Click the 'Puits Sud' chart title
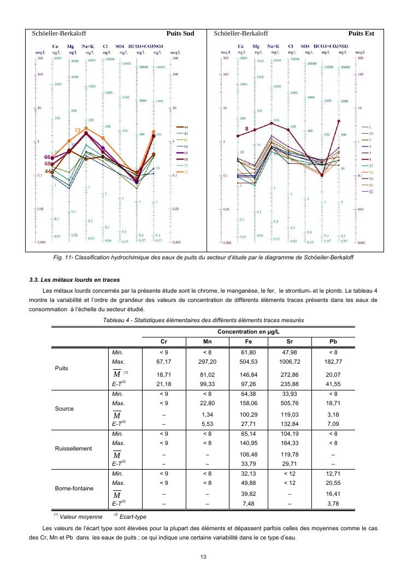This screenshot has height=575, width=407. (180, 33)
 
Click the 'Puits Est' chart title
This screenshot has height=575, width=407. (361, 33)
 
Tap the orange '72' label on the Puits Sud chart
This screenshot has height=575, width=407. (78, 131)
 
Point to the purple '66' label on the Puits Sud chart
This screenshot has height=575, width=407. (48, 157)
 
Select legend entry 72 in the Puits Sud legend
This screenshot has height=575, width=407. (186, 172)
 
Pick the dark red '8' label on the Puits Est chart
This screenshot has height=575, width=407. (247, 129)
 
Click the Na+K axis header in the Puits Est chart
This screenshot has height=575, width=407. (273, 46)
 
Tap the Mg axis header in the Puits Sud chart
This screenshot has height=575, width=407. (71, 46)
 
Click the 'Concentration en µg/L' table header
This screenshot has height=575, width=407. (249, 332)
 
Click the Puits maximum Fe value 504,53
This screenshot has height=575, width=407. (249, 361)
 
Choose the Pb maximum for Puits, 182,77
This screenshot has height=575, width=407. (333, 361)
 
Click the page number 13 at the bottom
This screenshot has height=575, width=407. (203, 556)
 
